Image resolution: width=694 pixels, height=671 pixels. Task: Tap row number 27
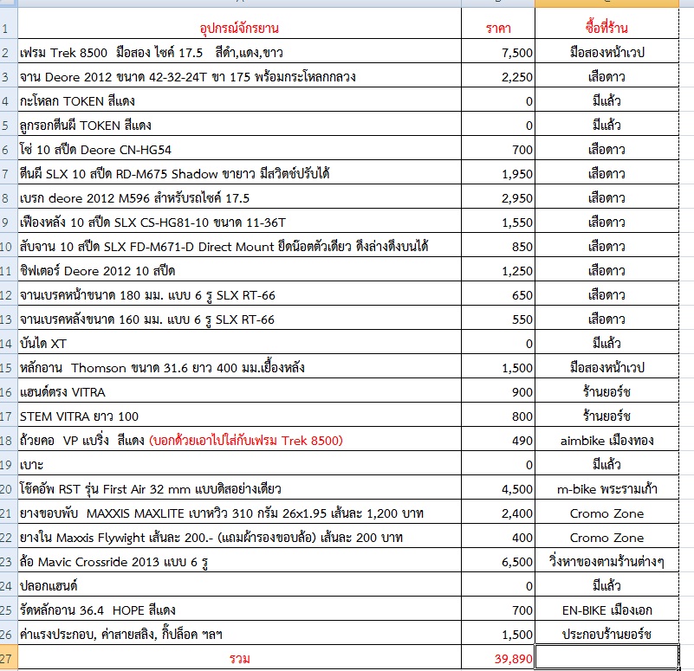[x=7, y=658]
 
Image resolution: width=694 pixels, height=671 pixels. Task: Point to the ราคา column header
[x=498, y=29]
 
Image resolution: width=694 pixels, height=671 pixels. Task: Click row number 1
[x=7, y=29]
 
